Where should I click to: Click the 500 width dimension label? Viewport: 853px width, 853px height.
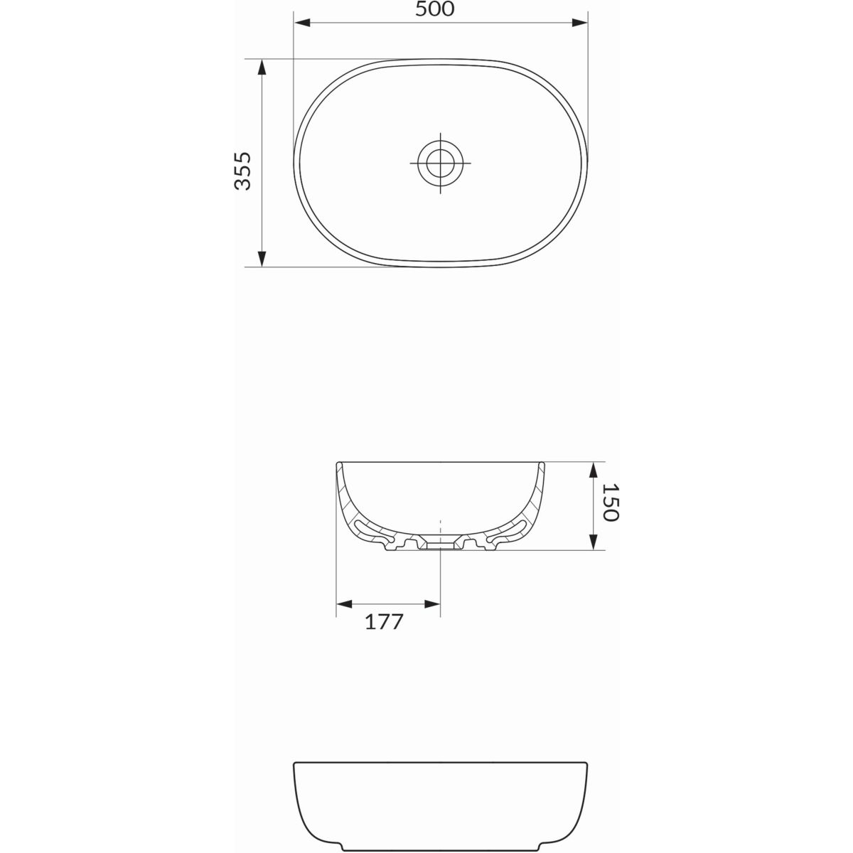point(434,9)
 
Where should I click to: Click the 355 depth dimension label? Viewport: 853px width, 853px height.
point(242,171)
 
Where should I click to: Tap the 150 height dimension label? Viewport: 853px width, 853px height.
point(610,503)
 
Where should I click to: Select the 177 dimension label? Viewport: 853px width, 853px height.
point(384,622)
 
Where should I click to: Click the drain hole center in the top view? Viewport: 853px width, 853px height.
point(441,163)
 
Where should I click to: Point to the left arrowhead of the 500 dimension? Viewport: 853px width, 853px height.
point(302,23)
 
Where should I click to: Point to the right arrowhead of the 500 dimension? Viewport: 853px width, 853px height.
point(579,23)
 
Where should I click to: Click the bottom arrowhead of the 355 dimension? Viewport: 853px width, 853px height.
point(262,259)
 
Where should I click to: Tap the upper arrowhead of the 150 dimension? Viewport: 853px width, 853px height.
point(593,470)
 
